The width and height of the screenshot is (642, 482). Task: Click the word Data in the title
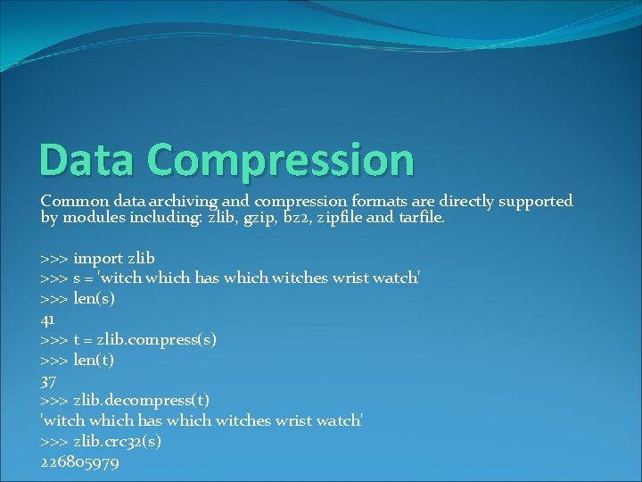click(x=78, y=160)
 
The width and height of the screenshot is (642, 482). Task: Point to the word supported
click(x=532, y=201)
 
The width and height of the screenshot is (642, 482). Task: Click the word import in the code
click(x=98, y=258)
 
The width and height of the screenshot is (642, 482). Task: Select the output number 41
click(x=48, y=319)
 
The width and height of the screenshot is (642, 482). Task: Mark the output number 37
click(x=49, y=379)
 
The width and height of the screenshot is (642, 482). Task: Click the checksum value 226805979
click(x=80, y=462)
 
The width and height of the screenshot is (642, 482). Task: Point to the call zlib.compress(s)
click(x=160, y=339)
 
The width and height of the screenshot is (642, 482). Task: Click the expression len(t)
click(x=94, y=360)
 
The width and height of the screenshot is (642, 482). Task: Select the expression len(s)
click(x=94, y=298)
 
